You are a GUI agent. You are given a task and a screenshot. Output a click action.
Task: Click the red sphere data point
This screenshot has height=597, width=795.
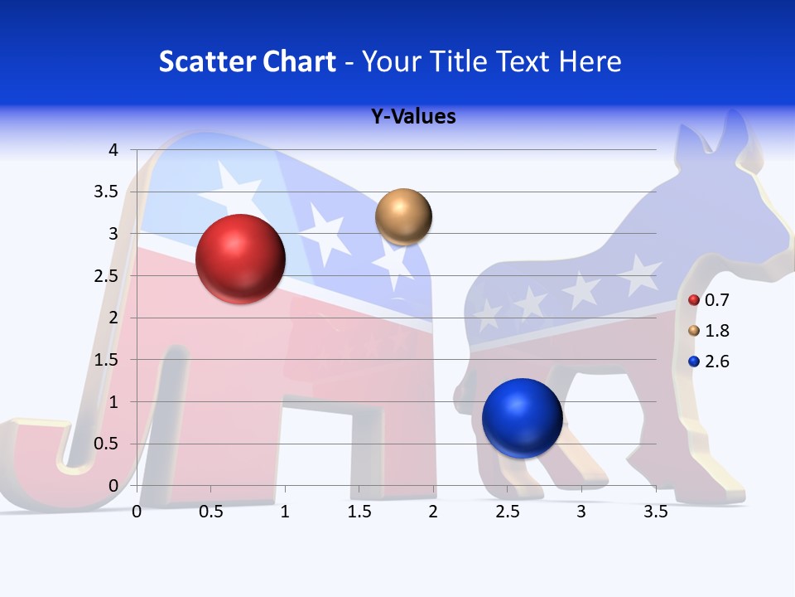(x=240, y=259)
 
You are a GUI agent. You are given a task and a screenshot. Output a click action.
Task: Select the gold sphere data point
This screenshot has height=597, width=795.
(x=403, y=217)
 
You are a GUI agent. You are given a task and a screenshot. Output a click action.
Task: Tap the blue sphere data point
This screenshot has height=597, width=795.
(x=522, y=418)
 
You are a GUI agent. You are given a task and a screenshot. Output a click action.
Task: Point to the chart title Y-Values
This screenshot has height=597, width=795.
(x=413, y=117)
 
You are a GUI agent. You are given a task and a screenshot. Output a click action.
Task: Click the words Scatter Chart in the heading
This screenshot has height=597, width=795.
(x=248, y=61)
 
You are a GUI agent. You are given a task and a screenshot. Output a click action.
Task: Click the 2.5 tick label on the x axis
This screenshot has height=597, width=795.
(x=507, y=512)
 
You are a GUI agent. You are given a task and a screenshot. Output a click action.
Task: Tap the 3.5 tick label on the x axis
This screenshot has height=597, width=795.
(x=655, y=512)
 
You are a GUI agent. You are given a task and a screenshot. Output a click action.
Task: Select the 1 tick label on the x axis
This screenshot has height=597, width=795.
(x=285, y=512)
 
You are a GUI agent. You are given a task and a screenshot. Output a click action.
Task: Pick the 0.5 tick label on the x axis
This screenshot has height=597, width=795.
(x=211, y=512)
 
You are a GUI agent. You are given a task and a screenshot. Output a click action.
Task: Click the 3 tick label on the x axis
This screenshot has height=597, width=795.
(x=581, y=512)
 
